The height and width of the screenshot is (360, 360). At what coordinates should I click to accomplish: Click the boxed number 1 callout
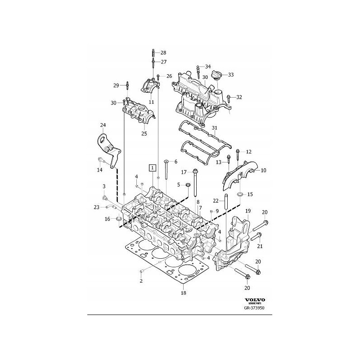tap(153, 168)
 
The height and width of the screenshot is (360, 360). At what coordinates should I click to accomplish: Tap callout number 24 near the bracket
tap(103, 125)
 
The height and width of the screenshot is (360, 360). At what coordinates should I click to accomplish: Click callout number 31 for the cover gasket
tap(215, 128)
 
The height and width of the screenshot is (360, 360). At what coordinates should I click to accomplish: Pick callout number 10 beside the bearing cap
tap(263, 170)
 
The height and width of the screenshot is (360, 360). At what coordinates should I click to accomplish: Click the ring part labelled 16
tap(119, 219)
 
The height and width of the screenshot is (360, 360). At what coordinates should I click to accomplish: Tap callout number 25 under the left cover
tap(144, 133)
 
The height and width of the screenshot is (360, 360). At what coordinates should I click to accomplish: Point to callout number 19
tap(247, 211)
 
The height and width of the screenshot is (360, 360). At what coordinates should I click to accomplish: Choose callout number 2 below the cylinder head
tap(141, 281)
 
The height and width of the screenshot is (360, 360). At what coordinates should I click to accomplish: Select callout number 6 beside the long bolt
tap(175, 162)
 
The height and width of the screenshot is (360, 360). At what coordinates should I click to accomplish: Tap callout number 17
tap(184, 172)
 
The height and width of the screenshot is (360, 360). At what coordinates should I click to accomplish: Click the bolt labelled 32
tap(230, 97)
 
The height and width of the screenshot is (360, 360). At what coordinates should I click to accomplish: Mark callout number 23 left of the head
tap(96, 207)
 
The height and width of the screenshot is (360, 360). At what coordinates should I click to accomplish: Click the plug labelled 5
tap(186, 185)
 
